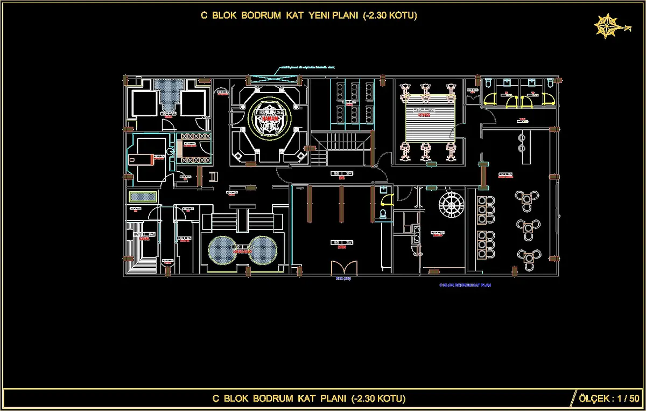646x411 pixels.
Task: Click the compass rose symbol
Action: pos(606,26)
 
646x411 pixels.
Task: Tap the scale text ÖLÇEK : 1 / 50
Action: pos(607,399)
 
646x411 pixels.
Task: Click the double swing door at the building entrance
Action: pos(344,267)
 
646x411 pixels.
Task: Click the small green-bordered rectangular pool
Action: pos(143,197)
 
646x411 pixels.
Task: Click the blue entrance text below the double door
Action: pos(343,278)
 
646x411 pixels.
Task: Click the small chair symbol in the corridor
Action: pos(213,176)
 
